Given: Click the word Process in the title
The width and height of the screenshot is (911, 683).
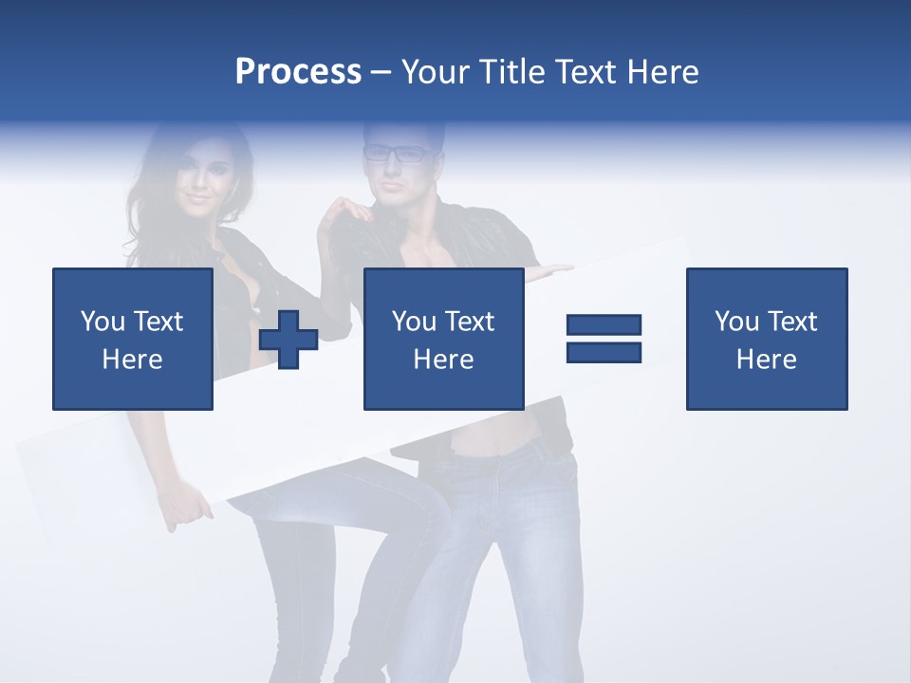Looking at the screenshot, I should click(298, 72).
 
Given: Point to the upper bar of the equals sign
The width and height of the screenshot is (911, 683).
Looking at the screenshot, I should click(604, 324).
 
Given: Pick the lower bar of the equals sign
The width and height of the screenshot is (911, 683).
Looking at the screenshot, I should click(604, 353).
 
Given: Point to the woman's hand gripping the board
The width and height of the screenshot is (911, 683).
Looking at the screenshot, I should click(190, 509).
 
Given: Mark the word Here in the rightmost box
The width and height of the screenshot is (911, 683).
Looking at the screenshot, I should click(766, 360).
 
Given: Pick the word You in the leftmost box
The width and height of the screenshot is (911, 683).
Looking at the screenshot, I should click(102, 322).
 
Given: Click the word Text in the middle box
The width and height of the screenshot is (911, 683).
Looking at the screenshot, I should click(470, 322).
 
